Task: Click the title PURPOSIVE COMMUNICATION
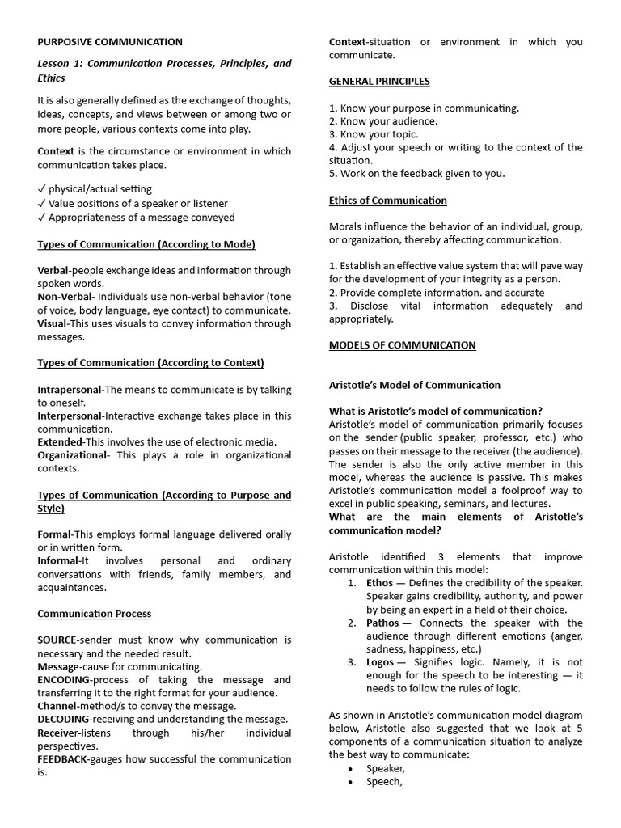[110, 42]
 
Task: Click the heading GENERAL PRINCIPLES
[379, 81]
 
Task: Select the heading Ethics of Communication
[387, 200]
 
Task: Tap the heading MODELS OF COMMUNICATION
[402, 345]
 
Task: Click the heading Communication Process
[95, 614]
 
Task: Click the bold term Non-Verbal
[61, 298]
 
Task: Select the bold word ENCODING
[65, 680]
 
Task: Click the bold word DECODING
[64, 719]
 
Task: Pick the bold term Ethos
[379, 583]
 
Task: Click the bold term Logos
[380, 662]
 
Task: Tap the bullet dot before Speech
[349, 782]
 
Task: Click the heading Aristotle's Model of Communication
[415, 385]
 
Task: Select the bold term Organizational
[73, 455]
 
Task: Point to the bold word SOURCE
[57, 640]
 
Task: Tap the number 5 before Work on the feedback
[332, 173]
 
